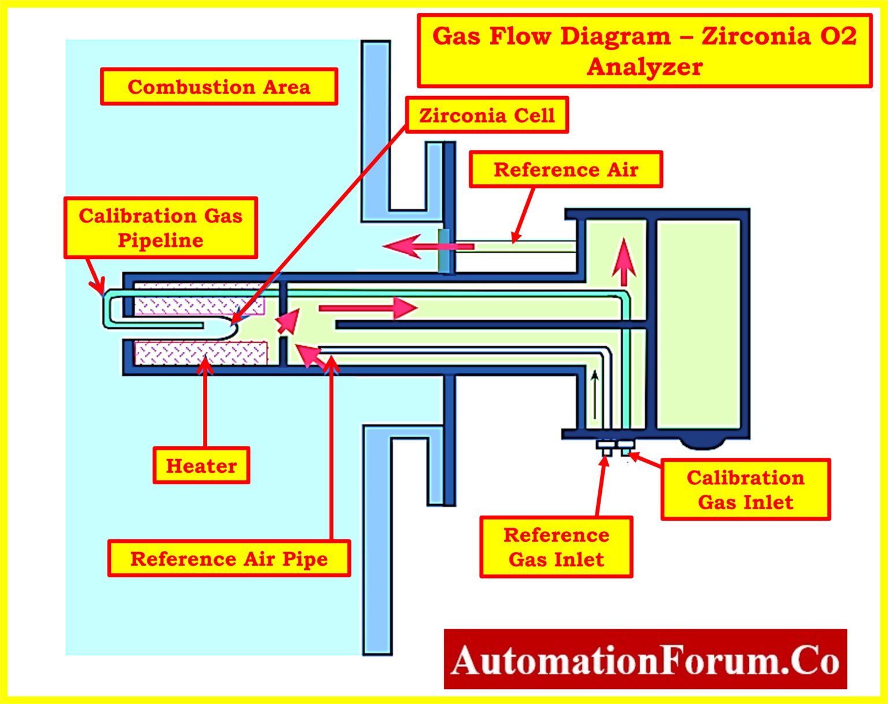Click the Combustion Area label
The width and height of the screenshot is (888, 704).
[x=219, y=87]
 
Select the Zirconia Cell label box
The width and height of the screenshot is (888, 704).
[x=487, y=115]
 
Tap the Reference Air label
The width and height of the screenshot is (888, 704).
[x=565, y=169]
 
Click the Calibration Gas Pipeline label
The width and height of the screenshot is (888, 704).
[x=160, y=228]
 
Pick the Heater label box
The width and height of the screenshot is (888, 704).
[x=201, y=465]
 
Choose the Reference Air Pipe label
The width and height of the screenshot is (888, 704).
[x=229, y=558]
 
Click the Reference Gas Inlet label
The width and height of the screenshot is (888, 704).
[x=556, y=547]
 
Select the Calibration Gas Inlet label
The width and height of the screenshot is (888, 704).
[x=745, y=490]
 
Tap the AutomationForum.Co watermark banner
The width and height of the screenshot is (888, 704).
[x=645, y=659]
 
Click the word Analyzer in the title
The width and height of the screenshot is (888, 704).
[x=645, y=67]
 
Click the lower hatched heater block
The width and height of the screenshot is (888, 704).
[x=201, y=353]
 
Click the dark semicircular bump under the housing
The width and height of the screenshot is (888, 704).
[x=702, y=443]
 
